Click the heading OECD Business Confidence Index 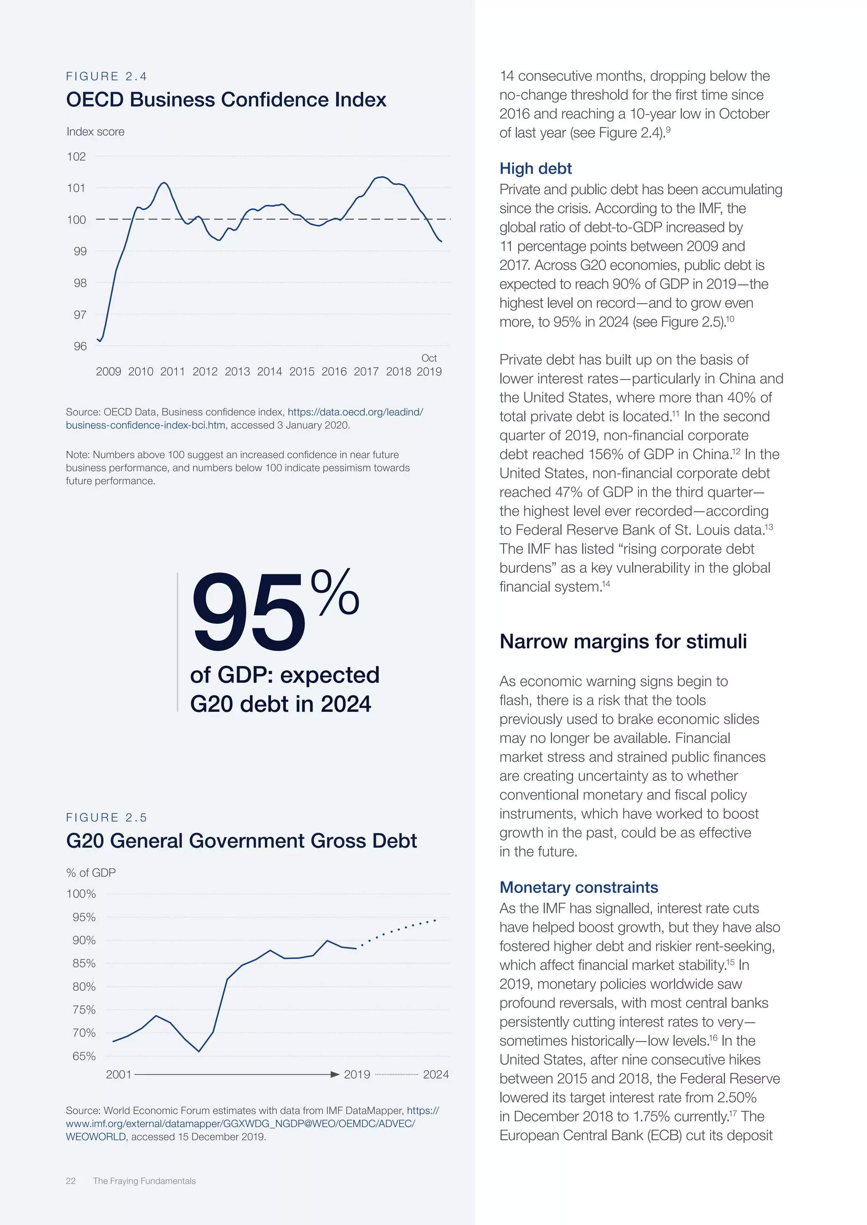coord(226,100)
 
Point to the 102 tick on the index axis coord(76,157)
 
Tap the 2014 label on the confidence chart coord(269,371)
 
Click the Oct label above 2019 coord(429,358)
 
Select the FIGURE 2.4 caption coord(106,76)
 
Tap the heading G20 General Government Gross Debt coord(241,840)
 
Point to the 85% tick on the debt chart coord(84,963)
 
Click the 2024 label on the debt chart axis coord(436,1074)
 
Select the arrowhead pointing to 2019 coord(335,1074)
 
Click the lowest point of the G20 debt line coord(199,1051)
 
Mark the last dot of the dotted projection coord(435,920)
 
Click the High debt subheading coord(535,169)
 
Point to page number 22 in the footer coord(70,1181)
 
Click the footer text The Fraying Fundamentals coord(144,1181)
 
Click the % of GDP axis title coord(91,872)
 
